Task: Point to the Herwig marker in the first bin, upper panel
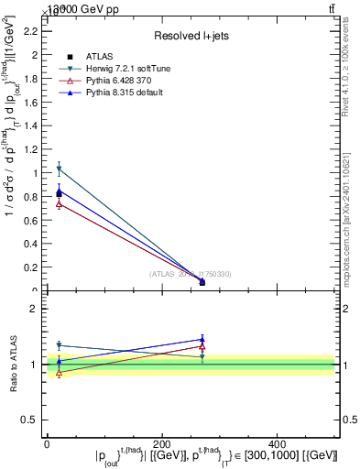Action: tap(60, 169)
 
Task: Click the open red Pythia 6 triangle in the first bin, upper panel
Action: tap(60, 203)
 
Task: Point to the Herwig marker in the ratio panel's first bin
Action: tap(60, 345)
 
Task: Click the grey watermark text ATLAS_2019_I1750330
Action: tap(190, 274)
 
